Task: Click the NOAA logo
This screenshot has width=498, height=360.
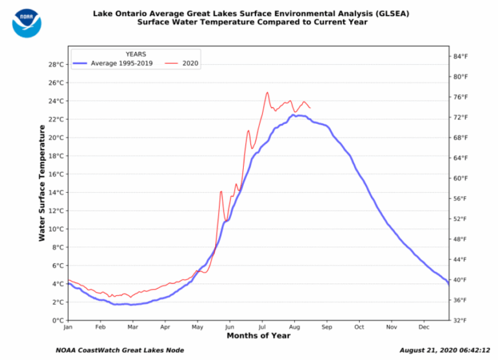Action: coord(27,22)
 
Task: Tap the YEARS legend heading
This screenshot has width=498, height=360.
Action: coord(136,54)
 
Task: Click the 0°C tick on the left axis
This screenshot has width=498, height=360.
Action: coord(57,320)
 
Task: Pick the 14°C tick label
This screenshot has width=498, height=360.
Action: coord(55,193)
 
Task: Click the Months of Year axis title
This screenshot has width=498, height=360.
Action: coord(258,336)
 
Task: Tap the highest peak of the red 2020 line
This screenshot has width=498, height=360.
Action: coord(267,92)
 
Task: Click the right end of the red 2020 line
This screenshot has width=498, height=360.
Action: coord(310,108)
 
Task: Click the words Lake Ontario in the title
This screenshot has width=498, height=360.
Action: coord(119,13)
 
